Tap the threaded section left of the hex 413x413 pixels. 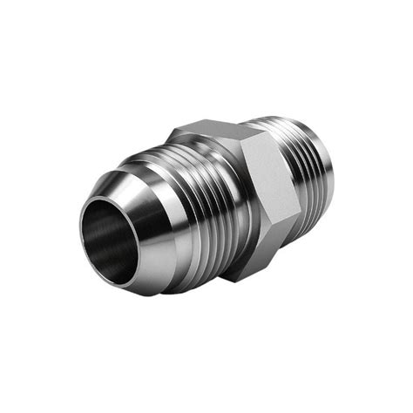(x=196, y=209)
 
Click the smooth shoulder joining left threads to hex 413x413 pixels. (x=228, y=218)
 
